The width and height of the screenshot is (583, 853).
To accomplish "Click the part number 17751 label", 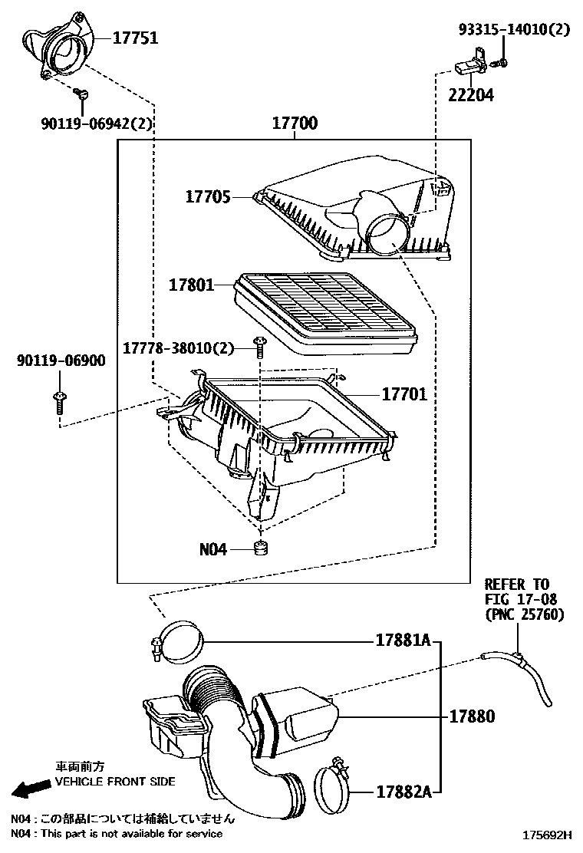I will [x=137, y=38].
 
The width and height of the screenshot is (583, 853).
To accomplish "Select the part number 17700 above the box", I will [x=295, y=124].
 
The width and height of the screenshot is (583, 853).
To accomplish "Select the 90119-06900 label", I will [x=61, y=360].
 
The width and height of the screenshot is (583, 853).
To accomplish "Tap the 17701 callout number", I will [x=404, y=395].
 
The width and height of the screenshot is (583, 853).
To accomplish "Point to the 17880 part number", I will [x=472, y=716].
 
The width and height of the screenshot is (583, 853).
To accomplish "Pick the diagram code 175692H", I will [x=547, y=833].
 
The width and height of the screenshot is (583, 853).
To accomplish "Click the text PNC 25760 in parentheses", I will [x=524, y=614].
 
